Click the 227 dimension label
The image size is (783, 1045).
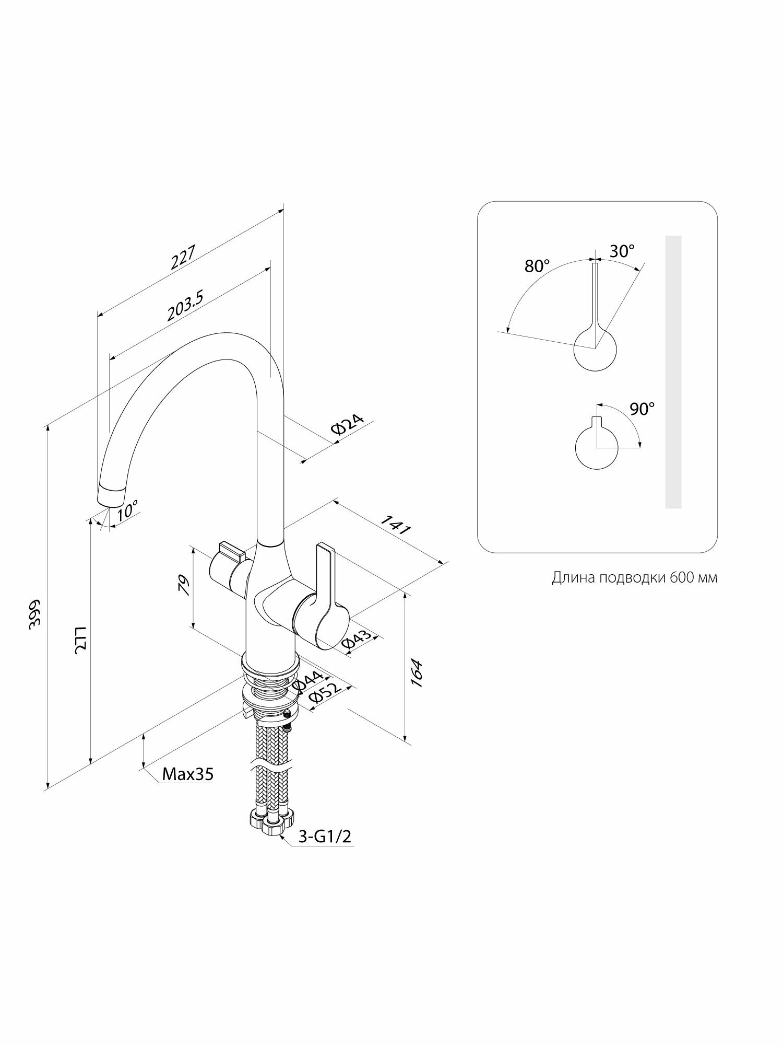(183, 257)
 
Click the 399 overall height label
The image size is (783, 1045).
(34, 614)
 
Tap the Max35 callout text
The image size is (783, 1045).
(187, 774)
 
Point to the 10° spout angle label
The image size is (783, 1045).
(127, 509)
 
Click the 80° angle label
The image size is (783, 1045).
(537, 266)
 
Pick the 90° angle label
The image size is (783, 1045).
(642, 409)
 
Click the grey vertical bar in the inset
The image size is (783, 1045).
(673, 371)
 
